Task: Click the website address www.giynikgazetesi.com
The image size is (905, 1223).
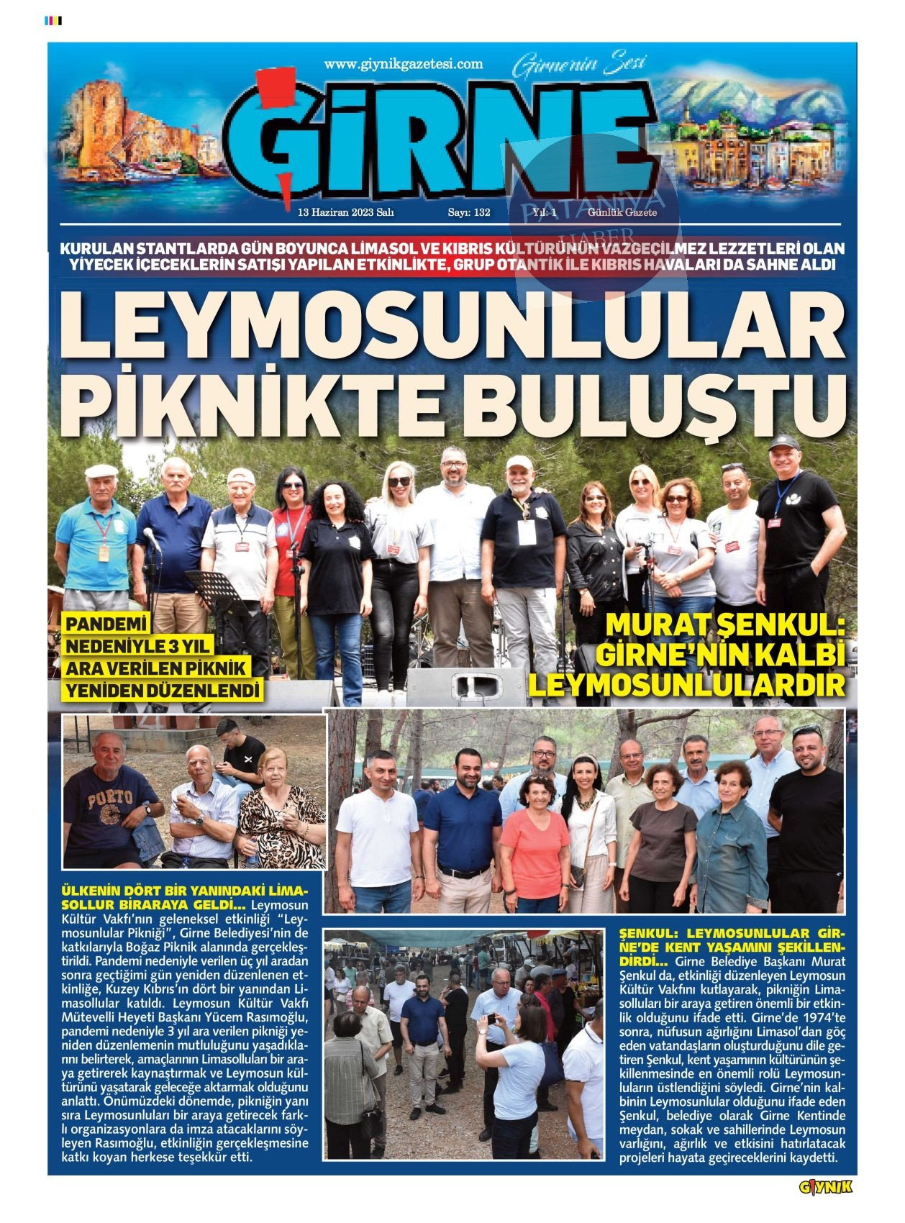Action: coord(403,64)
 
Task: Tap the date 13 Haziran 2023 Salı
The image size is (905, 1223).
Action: coord(345,212)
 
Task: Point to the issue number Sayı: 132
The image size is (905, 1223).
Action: coord(469,212)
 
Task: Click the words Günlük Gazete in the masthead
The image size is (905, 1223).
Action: coord(622,212)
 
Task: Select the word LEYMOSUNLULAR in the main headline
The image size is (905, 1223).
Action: coord(452,324)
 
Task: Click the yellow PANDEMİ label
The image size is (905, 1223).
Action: coord(106,623)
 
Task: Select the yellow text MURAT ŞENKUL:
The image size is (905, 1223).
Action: coord(724,624)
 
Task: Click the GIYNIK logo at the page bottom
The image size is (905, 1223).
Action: coord(825,1187)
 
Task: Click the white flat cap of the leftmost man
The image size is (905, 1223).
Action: coord(101,471)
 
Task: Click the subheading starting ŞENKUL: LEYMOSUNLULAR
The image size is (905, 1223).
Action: coord(732,933)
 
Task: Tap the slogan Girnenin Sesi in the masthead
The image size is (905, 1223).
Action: coord(579,66)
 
